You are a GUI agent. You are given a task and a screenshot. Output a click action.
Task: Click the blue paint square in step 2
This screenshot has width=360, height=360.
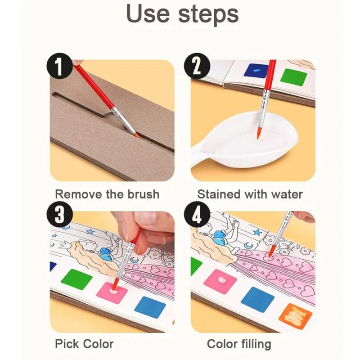pyautogui.click(x=256, y=71)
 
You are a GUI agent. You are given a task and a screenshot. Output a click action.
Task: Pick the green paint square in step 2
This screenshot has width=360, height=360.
pyautogui.click(x=293, y=76)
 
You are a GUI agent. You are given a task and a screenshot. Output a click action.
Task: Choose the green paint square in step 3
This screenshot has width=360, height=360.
pyautogui.click(x=76, y=279)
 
